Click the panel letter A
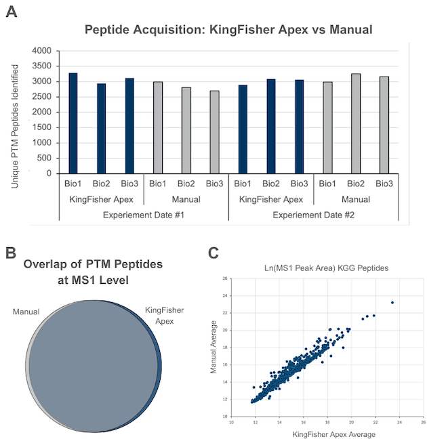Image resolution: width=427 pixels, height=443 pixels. click(12, 12)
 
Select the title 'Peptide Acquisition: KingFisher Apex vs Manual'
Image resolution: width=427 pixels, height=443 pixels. click(228, 30)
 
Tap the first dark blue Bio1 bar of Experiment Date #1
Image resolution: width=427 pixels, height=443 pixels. click(73, 123)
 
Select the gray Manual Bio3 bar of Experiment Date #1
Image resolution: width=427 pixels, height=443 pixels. click(214, 132)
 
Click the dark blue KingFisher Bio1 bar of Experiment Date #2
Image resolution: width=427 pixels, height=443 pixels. click(243, 129)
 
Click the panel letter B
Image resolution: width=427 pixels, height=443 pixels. click(12, 253)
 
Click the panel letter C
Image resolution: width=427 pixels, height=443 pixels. click(213, 253)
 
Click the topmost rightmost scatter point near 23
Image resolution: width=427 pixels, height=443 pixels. click(392, 303)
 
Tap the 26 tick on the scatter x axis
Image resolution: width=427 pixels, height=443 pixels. click(423, 421)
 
